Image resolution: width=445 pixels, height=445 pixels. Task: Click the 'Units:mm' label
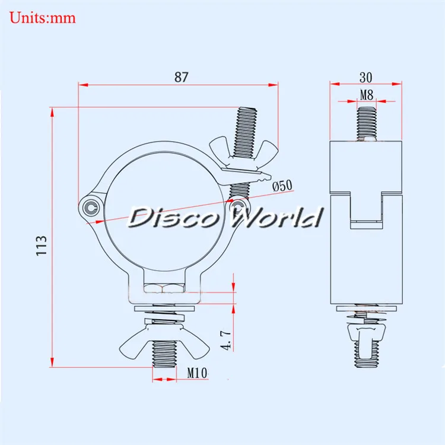[43, 17]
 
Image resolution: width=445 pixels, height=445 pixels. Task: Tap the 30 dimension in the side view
[365, 77]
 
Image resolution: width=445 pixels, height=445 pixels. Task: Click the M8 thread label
[366, 93]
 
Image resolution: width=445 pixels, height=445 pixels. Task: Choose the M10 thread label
[197, 373]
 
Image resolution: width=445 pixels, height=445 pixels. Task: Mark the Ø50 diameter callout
[282, 185]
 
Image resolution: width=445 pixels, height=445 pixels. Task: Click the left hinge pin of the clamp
[90, 206]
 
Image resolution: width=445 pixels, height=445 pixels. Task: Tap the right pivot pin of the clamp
[239, 205]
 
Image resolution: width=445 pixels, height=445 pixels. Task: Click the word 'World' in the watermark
[276, 218]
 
